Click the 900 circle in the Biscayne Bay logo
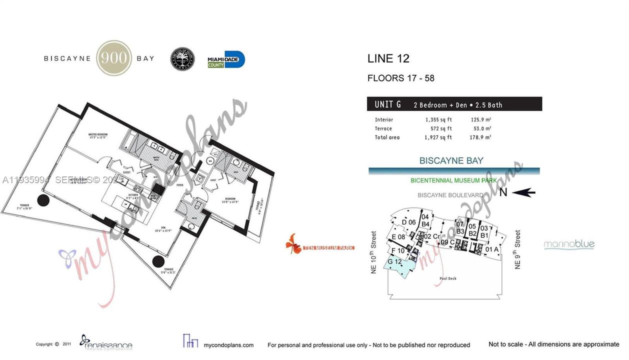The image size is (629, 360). (x=113, y=58)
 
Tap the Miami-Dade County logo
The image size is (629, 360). (x=226, y=59)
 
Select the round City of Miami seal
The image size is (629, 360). (x=182, y=59)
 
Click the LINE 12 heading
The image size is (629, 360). (x=388, y=58)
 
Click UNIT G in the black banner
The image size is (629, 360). (x=387, y=104)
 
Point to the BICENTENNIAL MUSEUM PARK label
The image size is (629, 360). (x=453, y=180)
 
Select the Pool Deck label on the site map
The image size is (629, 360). (x=445, y=278)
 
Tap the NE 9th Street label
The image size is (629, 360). (x=518, y=249)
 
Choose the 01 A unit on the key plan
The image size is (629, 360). (x=492, y=249)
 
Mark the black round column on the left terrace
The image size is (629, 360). (x=43, y=200)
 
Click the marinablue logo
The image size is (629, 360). (x=569, y=244)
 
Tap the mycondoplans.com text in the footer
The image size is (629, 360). (x=229, y=345)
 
